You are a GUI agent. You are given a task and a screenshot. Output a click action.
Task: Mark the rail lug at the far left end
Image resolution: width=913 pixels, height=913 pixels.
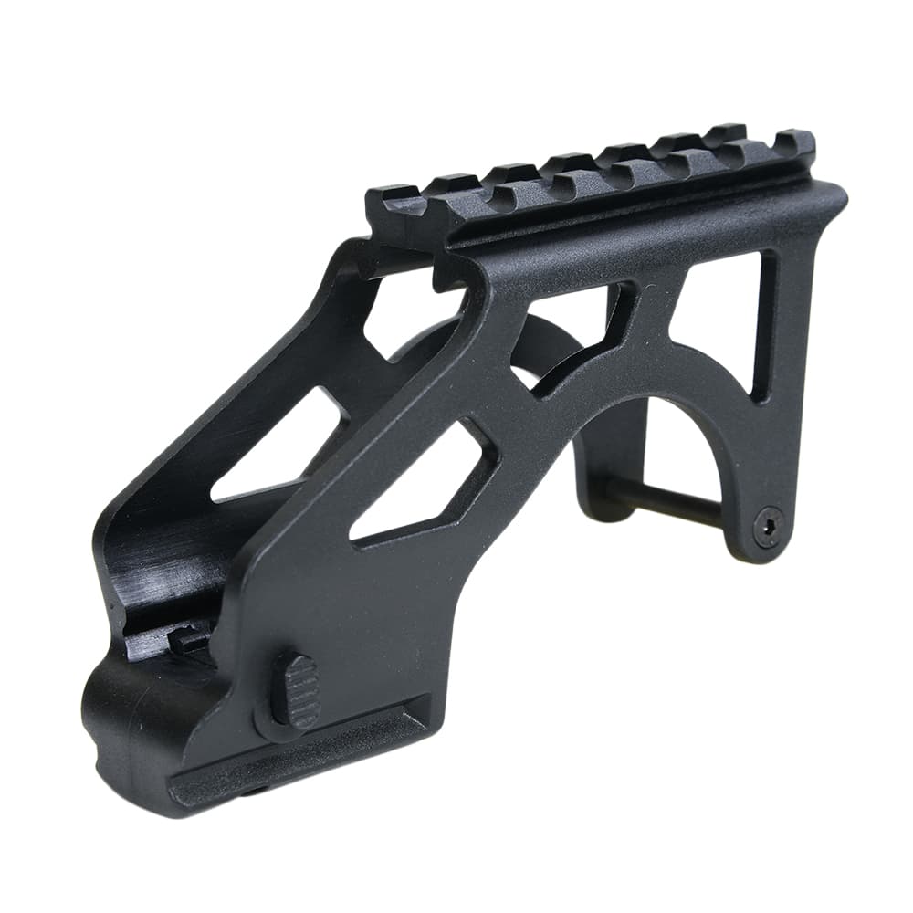(394, 203)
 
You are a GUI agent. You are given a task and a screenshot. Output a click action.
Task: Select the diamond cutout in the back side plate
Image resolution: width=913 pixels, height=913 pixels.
(278, 447)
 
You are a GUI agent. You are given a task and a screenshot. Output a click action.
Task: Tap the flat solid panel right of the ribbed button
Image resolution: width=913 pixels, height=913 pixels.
(383, 621)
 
